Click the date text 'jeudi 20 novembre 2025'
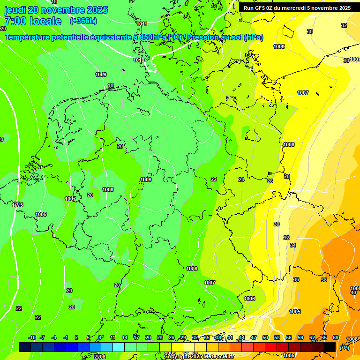(x=56, y=10)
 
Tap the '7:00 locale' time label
(x=33, y=21)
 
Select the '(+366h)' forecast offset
(x=83, y=21)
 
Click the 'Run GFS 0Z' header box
(x=297, y=8)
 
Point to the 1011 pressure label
(x=142, y=24)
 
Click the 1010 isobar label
(x=138, y=60)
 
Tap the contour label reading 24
(x=241, y=180)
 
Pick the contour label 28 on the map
(x=287, y=176)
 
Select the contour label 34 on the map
(x=293, y=245)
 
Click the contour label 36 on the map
(x=296, y=279)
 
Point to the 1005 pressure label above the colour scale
(x=295, y=312)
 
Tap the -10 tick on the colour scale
(x=32, y=337)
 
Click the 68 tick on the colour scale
(x=336, y=337)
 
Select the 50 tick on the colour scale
(x=265, y=337)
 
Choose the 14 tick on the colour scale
(x=125, y=337)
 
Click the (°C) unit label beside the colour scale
(x=344, y=348)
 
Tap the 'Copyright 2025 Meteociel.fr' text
(x=199, y=356)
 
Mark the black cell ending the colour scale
(x=330, y=347)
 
